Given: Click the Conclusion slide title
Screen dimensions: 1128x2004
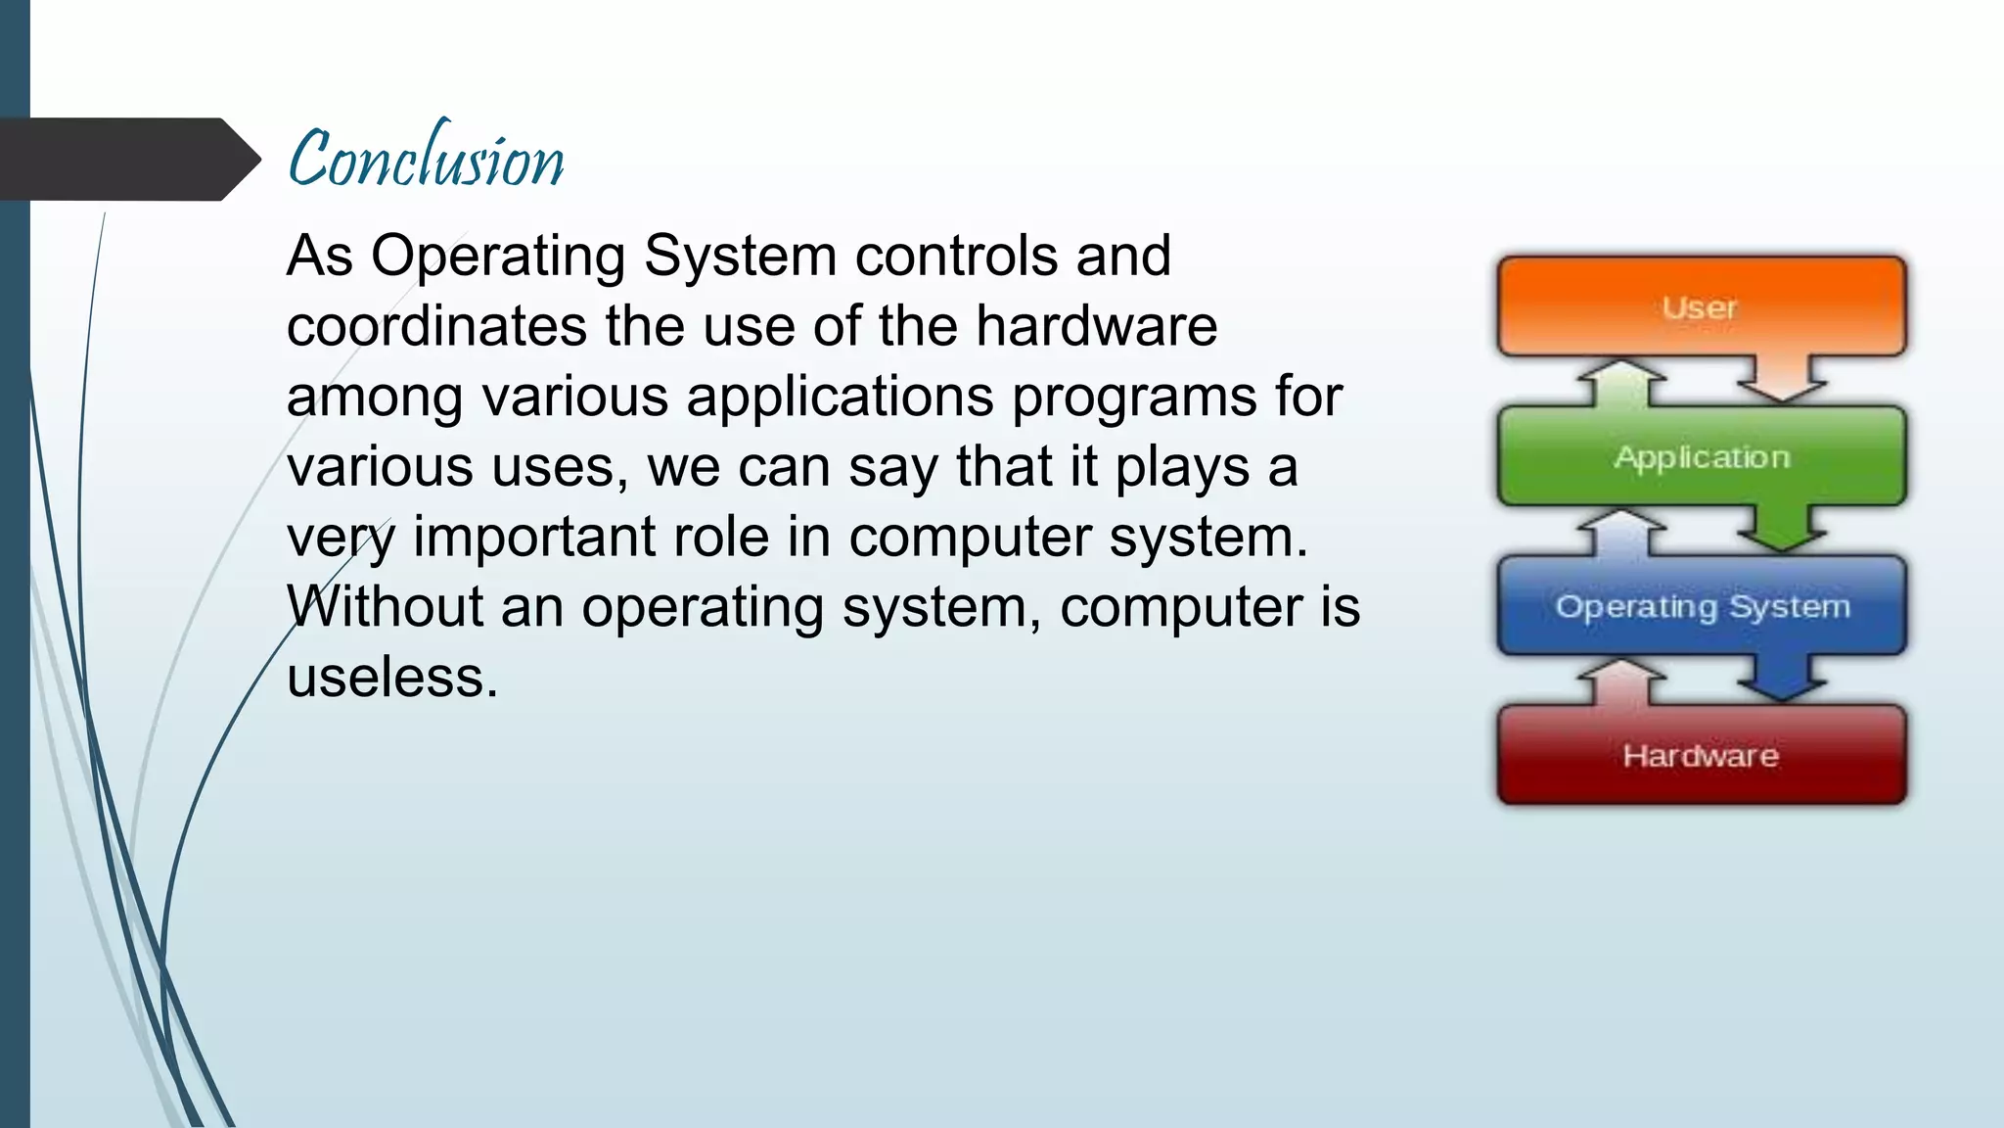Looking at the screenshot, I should pos(426,159).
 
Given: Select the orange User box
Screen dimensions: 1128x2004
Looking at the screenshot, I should pos(1701,307).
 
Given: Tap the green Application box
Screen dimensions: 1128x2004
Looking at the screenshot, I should pos(1701,457).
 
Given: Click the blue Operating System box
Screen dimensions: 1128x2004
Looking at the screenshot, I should pos(1701,606).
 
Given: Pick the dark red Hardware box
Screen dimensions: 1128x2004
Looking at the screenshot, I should pos(1701,755).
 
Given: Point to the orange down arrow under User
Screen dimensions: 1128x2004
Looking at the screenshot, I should pos(1781,380).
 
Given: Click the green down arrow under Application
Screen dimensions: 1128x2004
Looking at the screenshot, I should pos(1781,529).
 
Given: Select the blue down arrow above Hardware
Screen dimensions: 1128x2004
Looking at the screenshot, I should pos(1781,679).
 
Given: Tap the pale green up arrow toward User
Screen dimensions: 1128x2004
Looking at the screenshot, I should pos(1622,383).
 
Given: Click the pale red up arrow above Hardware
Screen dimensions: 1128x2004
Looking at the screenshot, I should pos(1622,681).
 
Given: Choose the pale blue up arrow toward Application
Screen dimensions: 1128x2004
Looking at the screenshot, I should pos(1622,532).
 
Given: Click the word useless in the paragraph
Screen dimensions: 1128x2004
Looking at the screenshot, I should pos(391,678).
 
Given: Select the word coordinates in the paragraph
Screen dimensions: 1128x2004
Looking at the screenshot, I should pos(436,326).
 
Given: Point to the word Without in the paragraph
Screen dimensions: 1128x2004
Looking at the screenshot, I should pos(385,607).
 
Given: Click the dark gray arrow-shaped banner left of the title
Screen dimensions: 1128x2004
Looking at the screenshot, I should pos(122,159).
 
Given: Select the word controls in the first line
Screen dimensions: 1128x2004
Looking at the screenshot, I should pos(956,257).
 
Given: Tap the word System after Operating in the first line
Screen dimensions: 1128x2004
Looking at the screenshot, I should pos(740,257).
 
